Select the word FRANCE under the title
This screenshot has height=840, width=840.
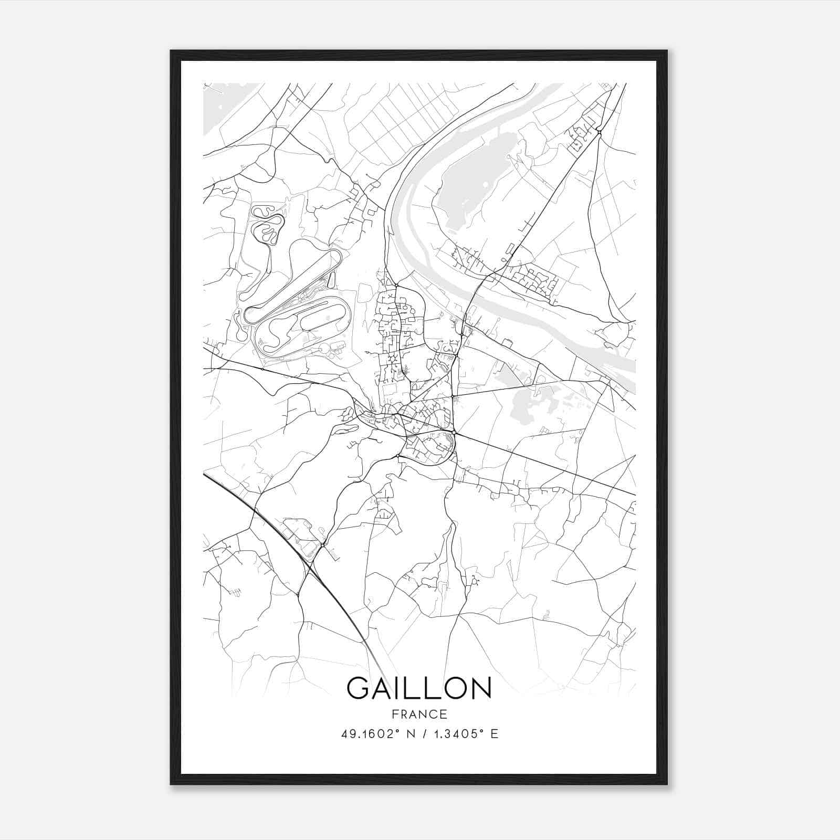tap(419, 714)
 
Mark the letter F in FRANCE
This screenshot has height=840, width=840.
tap(394, 714)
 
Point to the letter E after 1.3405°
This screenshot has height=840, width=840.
tap(495, 734)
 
